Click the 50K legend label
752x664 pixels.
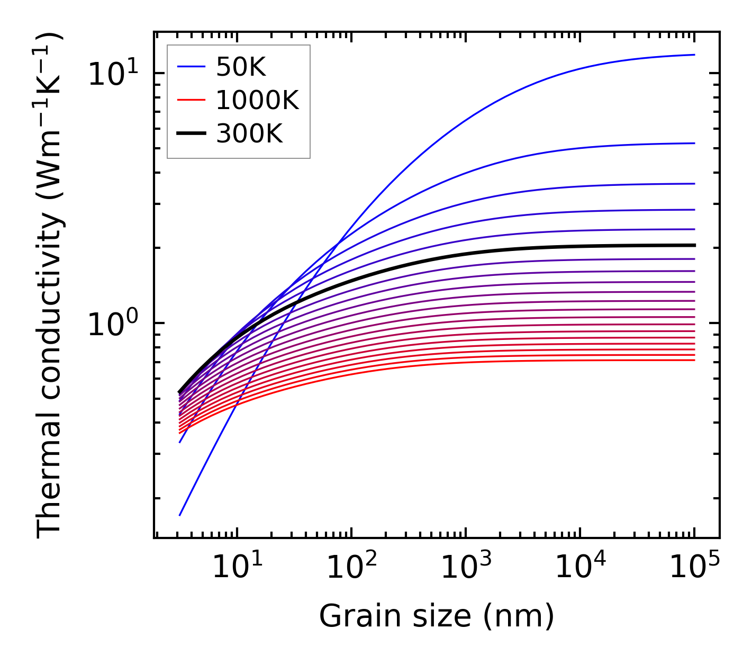[x=241, y=67]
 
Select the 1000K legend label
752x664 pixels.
[x=257, y=100]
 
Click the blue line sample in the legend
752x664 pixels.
[x=191, y=67]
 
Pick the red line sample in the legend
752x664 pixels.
[x=191, y=100]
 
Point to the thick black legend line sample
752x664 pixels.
[x=191, y=133]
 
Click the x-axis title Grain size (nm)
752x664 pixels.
[x=437, y=616]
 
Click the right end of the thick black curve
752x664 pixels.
[x=694, y=245]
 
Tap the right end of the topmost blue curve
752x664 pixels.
[x=694, y=55]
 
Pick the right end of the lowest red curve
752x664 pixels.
[x=694, y=361]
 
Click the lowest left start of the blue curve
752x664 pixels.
[x=180, y=515]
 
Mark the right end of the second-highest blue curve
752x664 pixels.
[x=694, y=143]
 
